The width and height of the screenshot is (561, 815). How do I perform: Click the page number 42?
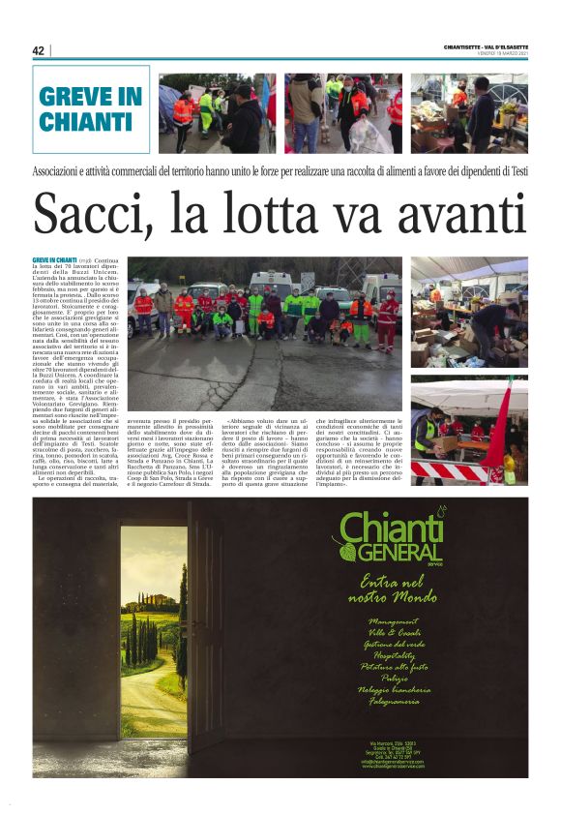click(39, 50)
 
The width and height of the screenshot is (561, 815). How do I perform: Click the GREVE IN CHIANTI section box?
click(91, 109)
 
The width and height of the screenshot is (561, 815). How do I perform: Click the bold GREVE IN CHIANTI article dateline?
click(54, 260)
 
